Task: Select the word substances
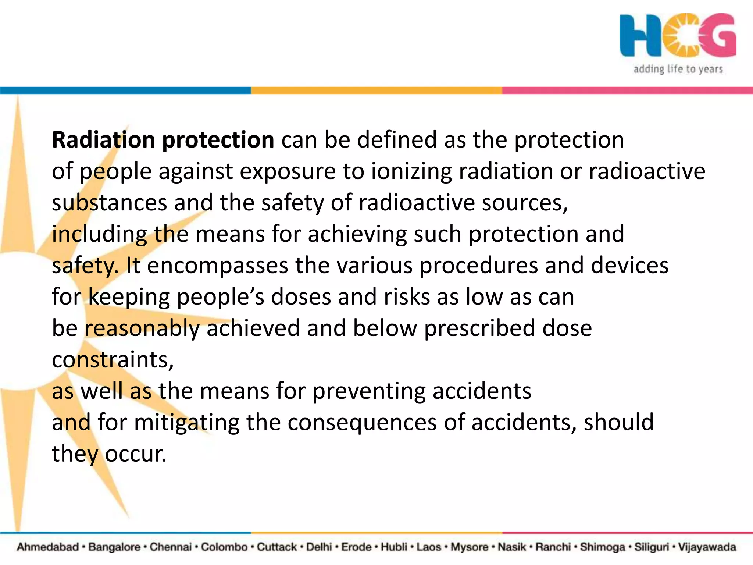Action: tap(109, 203)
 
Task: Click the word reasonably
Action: tap(142, 328)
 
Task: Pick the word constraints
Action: tap(112, 360)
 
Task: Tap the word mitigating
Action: tap(186, 423)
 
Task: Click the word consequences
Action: tap(362, 423)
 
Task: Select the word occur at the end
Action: tap(135, 454)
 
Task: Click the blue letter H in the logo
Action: tap(640, 35)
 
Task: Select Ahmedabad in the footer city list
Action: tap(48, 547)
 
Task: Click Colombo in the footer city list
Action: tap(224, 547)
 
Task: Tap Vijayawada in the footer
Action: tap(707, 547)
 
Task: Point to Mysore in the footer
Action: tap(469, 547)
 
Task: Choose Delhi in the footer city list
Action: tap(319, 547)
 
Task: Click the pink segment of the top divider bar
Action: tap(627, 90)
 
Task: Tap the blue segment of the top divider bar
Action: tap(125, 90)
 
